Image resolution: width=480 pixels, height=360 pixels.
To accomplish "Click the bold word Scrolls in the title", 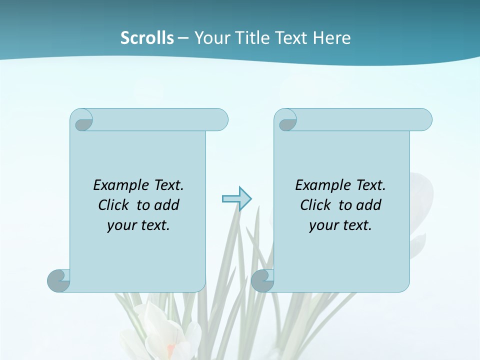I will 147,38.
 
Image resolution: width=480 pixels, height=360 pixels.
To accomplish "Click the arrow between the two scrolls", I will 236,198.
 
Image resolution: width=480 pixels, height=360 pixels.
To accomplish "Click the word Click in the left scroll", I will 114,205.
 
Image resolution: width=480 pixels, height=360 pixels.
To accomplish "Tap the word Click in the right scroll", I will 315,205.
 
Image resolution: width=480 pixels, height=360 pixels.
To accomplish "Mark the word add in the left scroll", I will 167,205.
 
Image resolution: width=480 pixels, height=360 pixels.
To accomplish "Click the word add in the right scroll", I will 368,205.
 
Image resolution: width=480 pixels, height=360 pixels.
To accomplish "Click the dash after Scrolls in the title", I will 183,38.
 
